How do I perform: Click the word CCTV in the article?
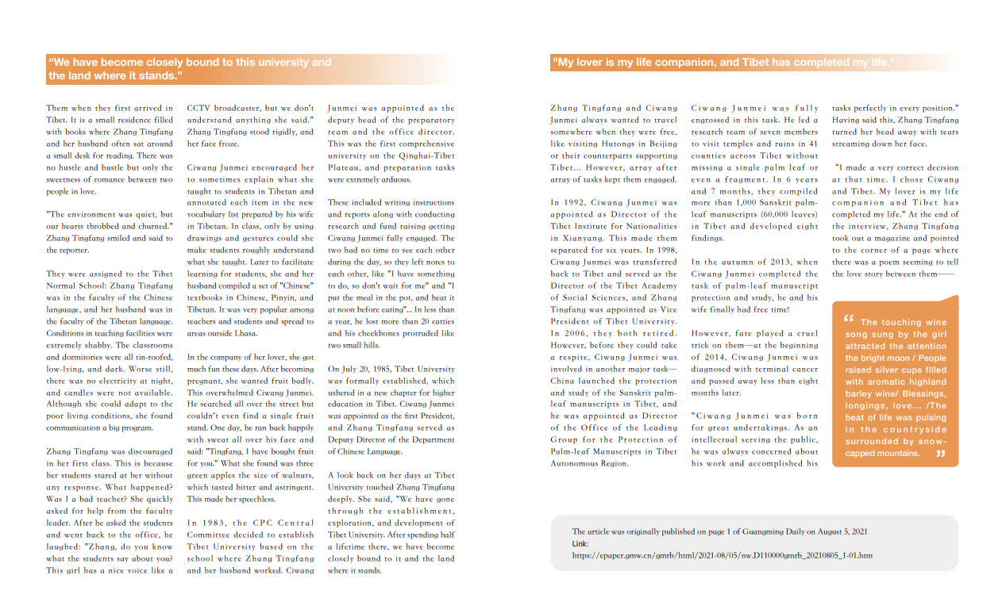pos(200,108)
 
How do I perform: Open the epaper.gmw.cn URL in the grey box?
pos(722,555)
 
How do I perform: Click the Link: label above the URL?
pos(580,543)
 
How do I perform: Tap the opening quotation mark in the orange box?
pos(849,319)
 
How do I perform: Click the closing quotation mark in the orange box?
pos(941,454)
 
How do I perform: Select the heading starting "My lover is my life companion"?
pos(723,63)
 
